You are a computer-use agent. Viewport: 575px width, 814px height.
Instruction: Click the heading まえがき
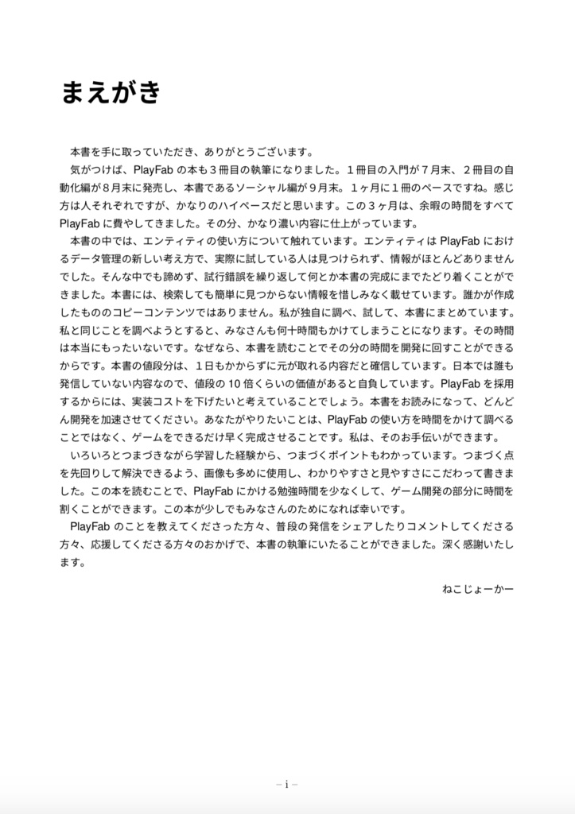[111, 93]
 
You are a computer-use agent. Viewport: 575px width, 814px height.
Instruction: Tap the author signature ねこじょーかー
[477, 589]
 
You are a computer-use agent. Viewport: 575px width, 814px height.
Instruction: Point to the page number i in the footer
[287, 784]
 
